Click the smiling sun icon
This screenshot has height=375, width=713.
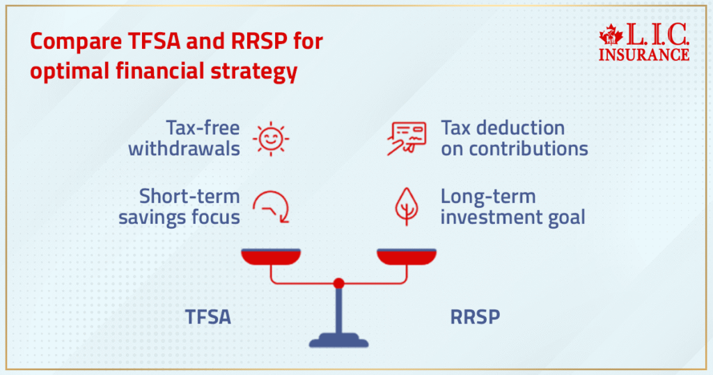tap(270, 138)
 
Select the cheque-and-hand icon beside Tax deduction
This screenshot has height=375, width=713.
tap(406, 138)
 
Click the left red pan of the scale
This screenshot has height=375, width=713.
tap(271, 257)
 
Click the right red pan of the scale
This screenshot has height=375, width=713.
tap(407, 257)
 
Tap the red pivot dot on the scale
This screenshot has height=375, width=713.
tap(338, 283)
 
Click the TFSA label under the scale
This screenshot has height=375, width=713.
tap(207, 317)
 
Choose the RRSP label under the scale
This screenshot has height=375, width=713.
tap(474, 317)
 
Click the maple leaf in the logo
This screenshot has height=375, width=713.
tap(610, 34)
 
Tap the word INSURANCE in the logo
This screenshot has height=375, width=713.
tap(644, 54)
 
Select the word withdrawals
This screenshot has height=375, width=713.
tap(184, 148)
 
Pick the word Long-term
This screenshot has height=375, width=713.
tap(488, 197)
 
